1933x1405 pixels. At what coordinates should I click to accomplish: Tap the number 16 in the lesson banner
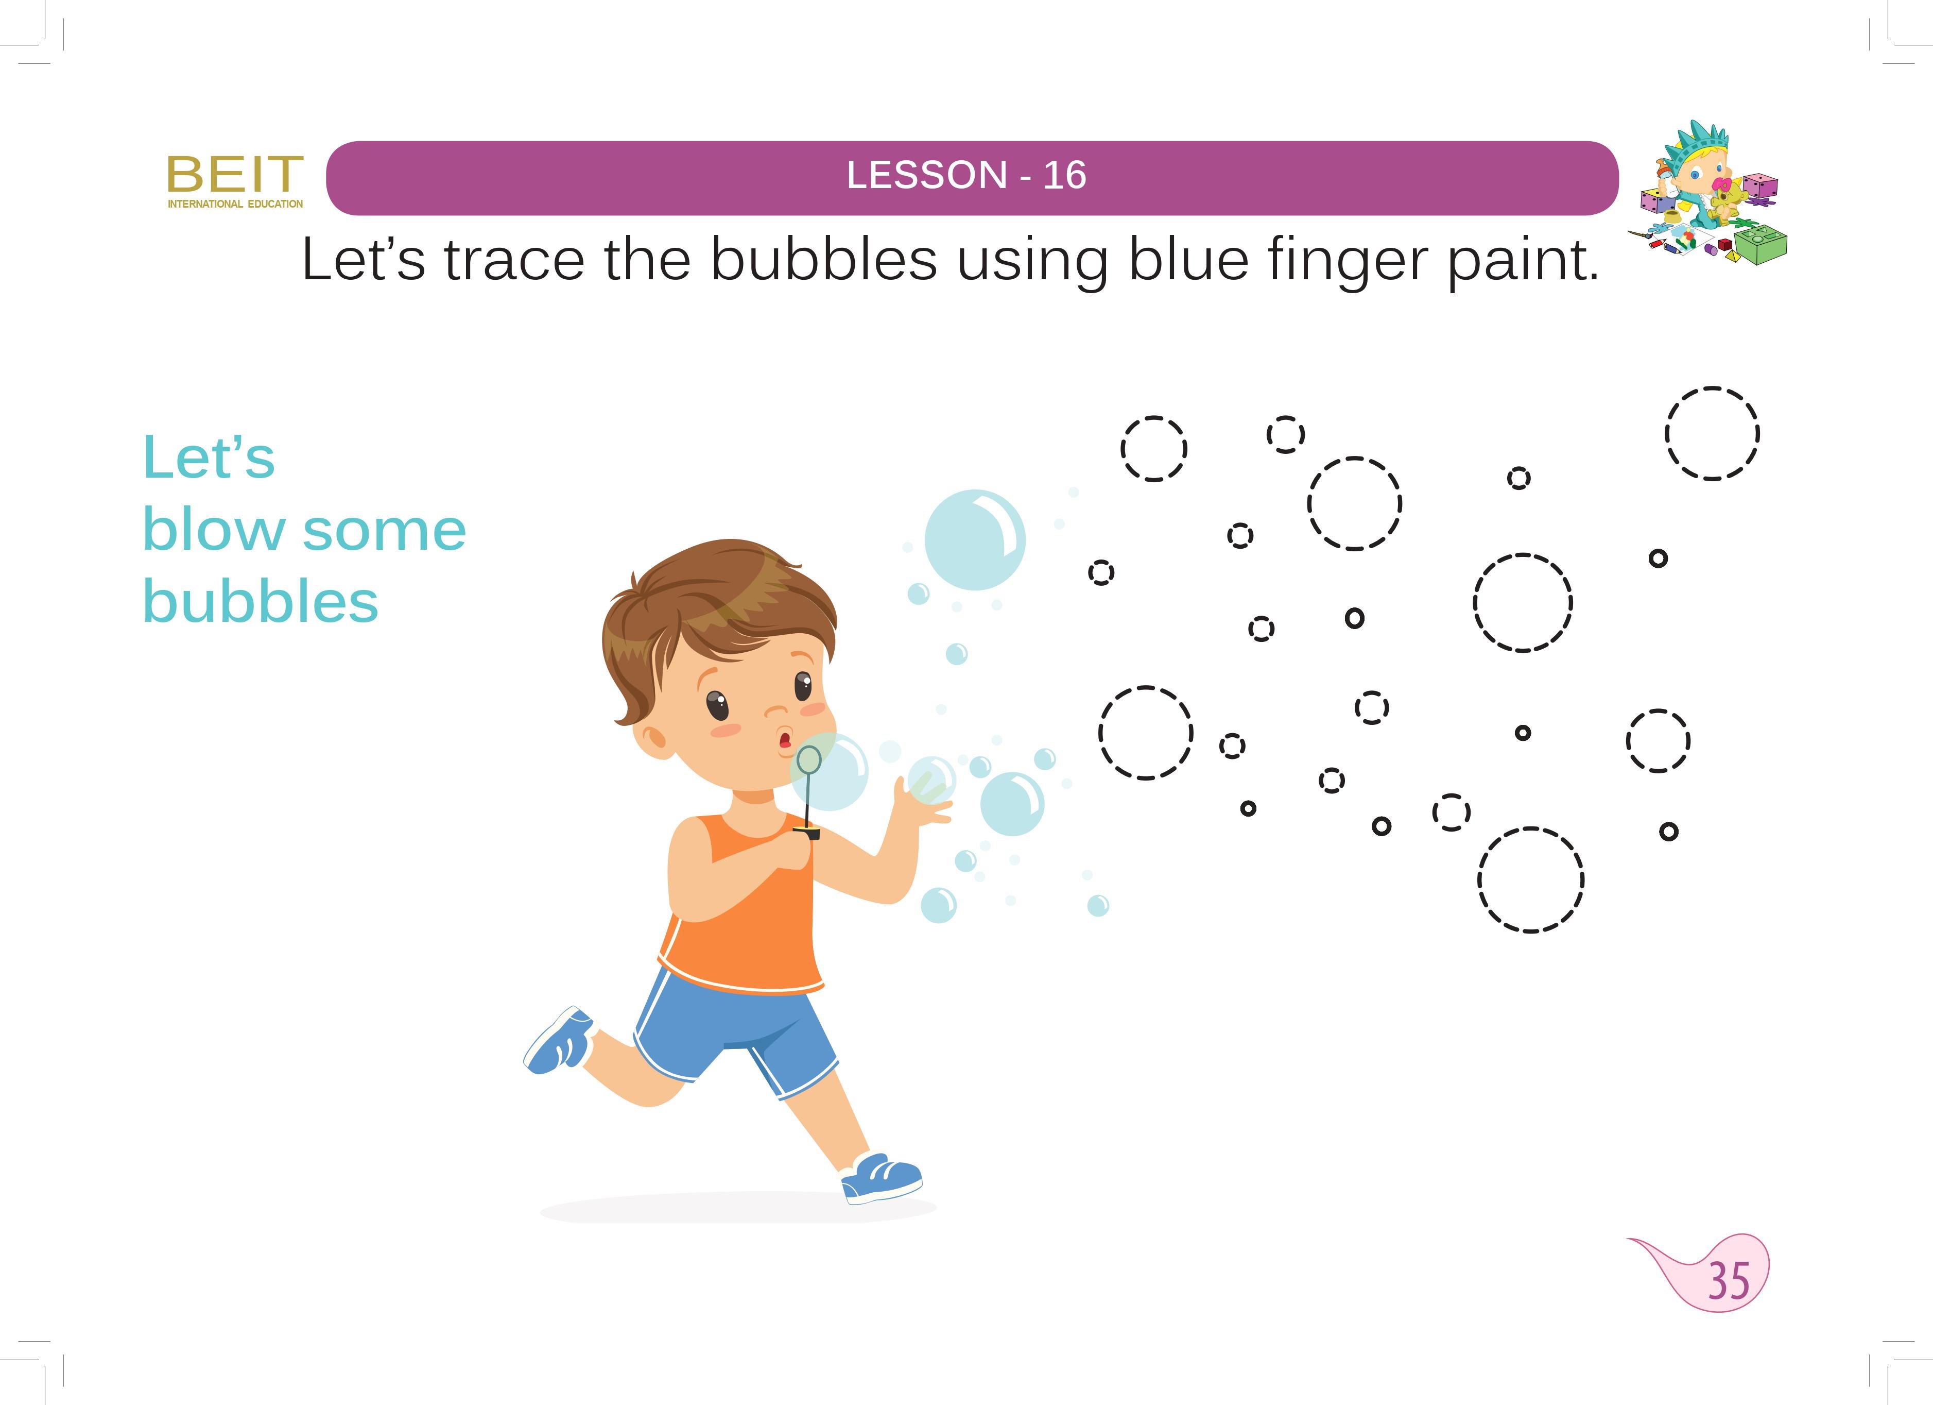coord(1064,176)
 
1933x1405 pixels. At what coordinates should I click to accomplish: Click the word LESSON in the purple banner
coord(927,176)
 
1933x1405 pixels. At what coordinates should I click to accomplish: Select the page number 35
coord(1729,1280)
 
